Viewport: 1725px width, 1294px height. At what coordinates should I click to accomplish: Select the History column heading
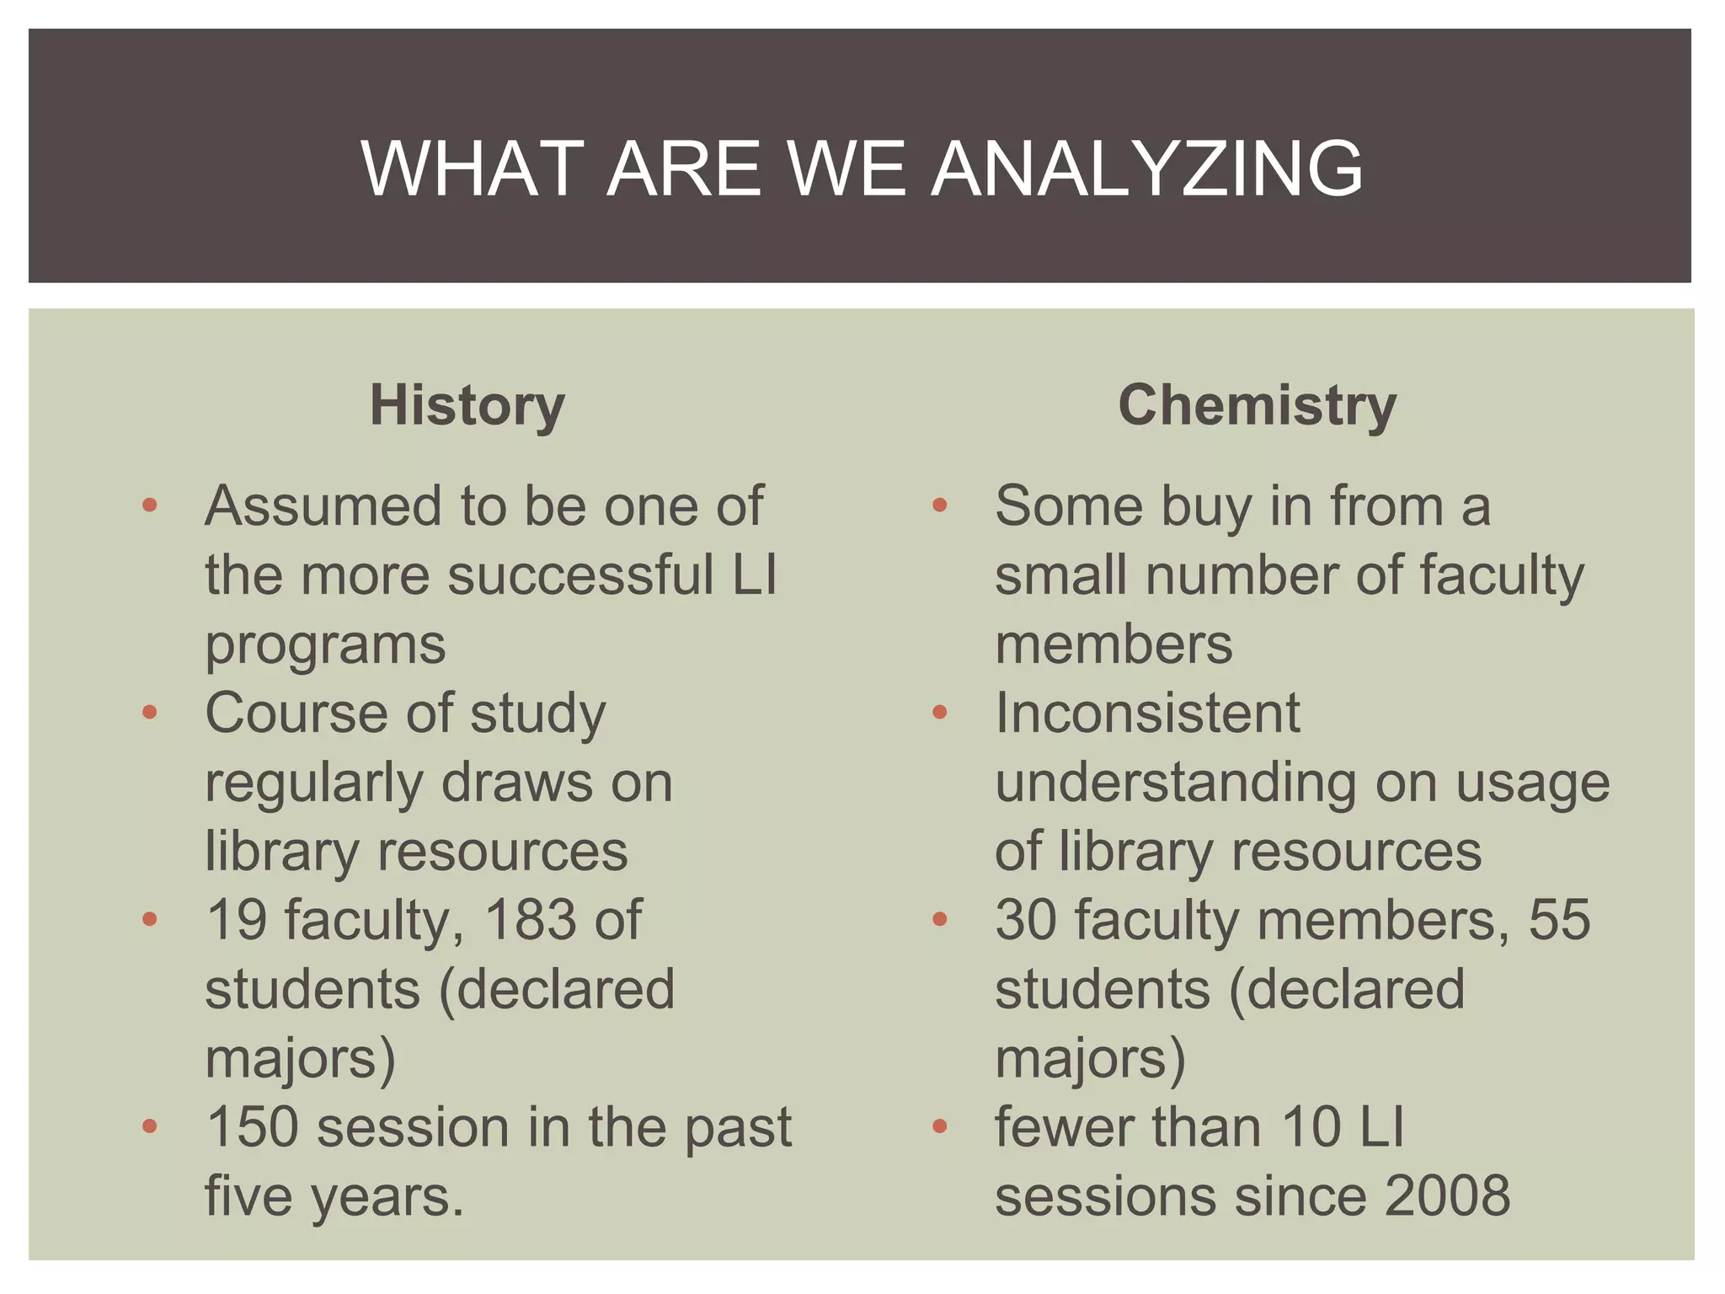pos(467,405)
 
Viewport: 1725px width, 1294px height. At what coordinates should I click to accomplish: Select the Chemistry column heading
pos(1257,405)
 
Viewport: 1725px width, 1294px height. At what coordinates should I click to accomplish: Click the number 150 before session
pos(252,1126)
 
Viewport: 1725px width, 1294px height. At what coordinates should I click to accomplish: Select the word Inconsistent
pos(1147,713)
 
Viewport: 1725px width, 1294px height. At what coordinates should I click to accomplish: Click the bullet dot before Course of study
pos(150,714)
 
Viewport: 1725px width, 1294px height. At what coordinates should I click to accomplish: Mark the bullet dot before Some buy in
pos(940,506)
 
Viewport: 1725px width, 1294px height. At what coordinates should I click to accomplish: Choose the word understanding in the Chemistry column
pos(1176,783)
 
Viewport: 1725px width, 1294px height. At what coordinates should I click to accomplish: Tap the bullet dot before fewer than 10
pos(940,1127)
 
